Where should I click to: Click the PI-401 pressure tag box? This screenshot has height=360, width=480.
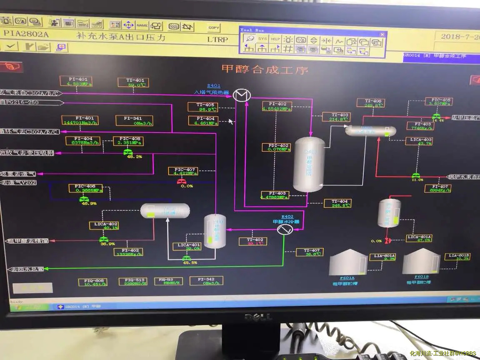75,81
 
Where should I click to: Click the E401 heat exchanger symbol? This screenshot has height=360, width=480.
241,95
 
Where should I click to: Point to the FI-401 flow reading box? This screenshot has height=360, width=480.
80,120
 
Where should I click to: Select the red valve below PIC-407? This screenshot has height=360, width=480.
181,181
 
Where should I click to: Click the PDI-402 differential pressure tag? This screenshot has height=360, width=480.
275,147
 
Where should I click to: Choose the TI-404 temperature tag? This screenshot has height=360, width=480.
337,203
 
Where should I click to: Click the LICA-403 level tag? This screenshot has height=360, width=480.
419,141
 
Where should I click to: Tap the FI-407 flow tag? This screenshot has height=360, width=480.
437,188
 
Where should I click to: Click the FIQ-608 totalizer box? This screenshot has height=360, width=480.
92,282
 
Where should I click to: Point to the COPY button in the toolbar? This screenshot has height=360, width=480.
214,27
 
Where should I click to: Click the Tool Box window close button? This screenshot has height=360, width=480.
382,34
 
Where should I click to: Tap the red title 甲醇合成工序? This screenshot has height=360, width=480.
265,69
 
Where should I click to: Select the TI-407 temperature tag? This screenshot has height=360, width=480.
309,252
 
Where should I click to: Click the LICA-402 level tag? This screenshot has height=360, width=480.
104,225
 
